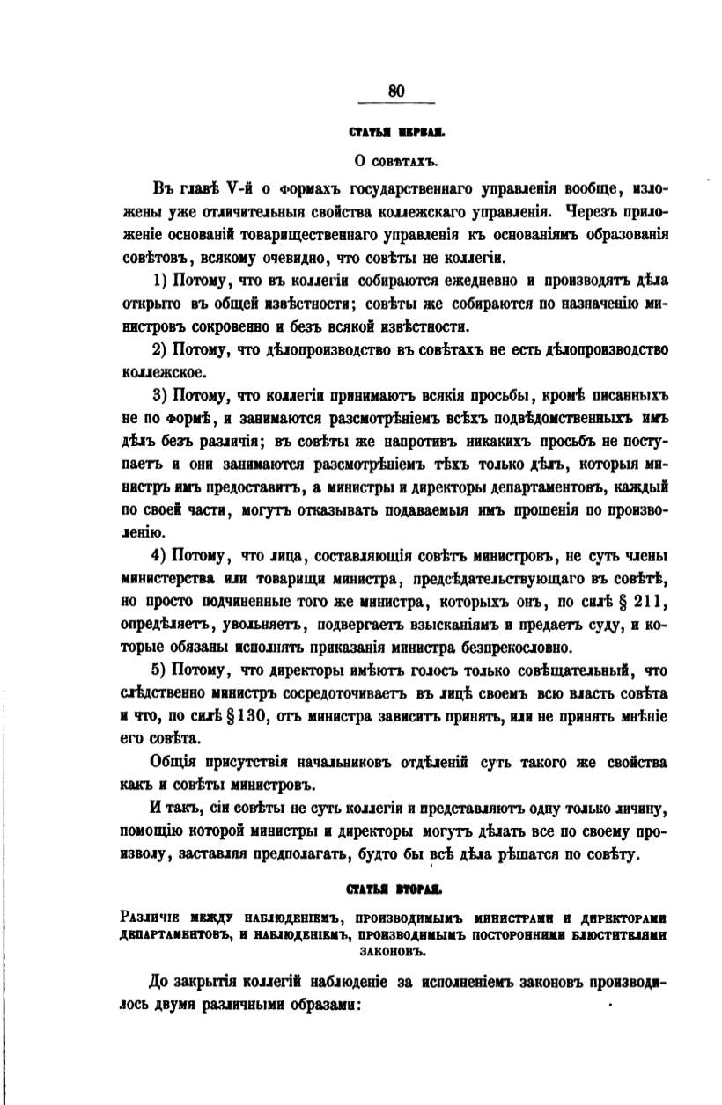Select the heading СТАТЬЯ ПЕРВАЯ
coord(396,134)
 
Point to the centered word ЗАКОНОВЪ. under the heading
coord(394,951)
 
